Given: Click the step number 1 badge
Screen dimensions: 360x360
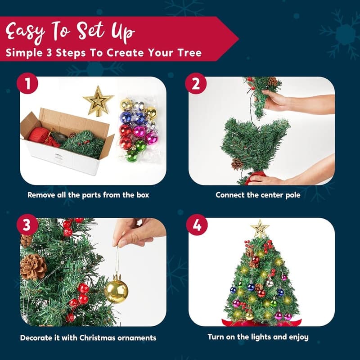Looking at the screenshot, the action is point(27,83).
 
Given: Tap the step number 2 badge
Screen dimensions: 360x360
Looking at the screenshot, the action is point(196,83).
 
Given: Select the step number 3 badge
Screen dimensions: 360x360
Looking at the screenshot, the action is point(27,225).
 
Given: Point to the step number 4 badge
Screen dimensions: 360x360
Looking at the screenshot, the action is point(197,225).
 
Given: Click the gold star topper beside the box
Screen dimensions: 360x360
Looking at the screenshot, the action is point(98,101).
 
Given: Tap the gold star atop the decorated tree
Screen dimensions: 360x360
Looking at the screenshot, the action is point(260,228).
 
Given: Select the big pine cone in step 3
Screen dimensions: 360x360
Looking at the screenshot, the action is point(33,267).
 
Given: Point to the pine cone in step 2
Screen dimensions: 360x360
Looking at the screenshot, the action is point(237,164).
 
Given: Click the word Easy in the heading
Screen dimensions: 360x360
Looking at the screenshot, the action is point(25,32).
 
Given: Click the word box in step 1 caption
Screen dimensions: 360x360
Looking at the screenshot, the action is point(143,195).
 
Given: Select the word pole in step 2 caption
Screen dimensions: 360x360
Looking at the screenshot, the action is point(293,195).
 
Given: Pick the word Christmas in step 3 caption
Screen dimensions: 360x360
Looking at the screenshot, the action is point(98,338).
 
